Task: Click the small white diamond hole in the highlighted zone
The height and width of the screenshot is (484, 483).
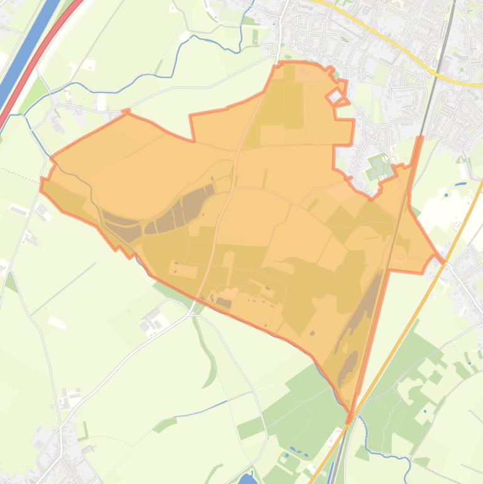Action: point(335,96)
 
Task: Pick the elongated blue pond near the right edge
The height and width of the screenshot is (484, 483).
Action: point(462,184)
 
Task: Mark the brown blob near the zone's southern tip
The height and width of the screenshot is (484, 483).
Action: point(347,368)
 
